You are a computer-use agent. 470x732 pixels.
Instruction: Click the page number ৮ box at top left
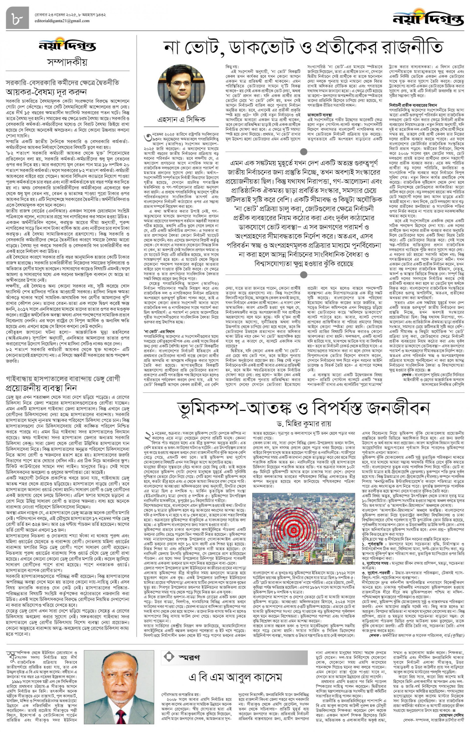(17, 18)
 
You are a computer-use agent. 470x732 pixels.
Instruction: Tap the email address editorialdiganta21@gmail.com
(62, 21)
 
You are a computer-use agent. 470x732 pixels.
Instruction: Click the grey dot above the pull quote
(303, 152)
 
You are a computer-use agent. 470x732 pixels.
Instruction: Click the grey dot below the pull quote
(303, 275)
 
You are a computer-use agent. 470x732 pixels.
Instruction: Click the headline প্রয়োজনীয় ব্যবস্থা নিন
(41, 388)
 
